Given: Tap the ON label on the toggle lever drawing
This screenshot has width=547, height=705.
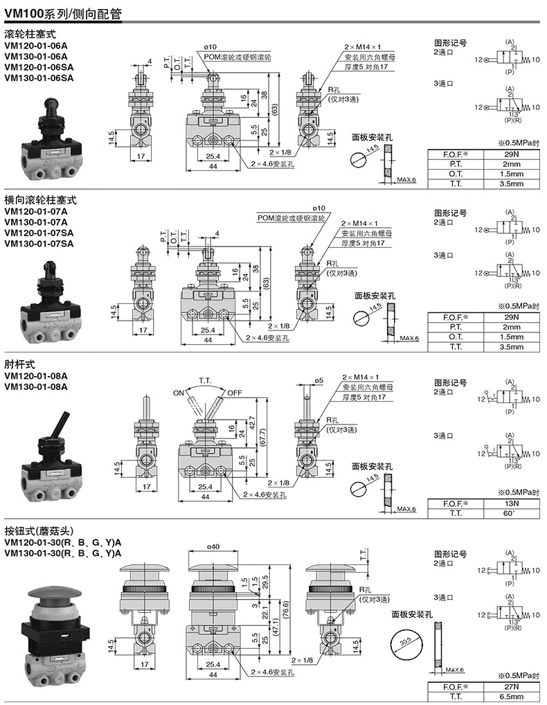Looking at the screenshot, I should [x=178, y=393].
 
